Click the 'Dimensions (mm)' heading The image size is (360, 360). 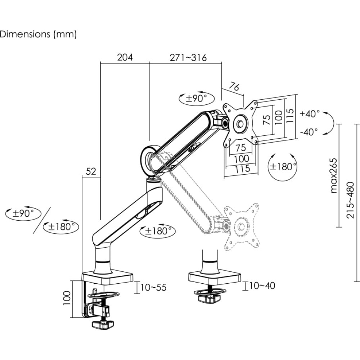38,34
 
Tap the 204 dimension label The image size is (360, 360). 125,57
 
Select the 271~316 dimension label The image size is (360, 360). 188,57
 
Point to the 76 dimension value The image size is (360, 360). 234,86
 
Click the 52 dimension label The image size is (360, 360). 91,171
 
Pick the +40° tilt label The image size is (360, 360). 310,113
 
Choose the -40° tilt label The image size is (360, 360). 309,132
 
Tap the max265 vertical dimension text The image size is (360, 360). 334,175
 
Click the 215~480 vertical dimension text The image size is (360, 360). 350,200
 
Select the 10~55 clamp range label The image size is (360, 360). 153,287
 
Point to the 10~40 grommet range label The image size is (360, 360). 262,285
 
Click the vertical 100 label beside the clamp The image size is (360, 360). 67,298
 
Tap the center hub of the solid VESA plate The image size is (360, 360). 240,124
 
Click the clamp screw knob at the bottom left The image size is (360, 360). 103,324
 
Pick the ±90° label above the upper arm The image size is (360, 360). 197,99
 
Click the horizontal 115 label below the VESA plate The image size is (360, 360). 242,169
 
